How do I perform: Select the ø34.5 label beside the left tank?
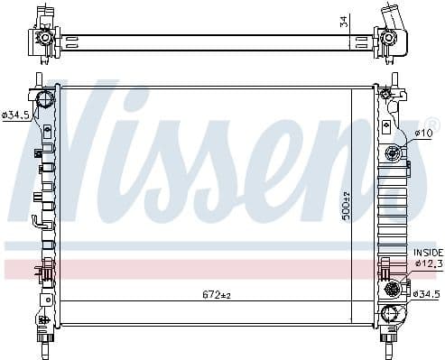pos(15,115)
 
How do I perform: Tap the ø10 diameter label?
pos(423,134)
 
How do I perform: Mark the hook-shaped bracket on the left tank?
pos(37,222)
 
